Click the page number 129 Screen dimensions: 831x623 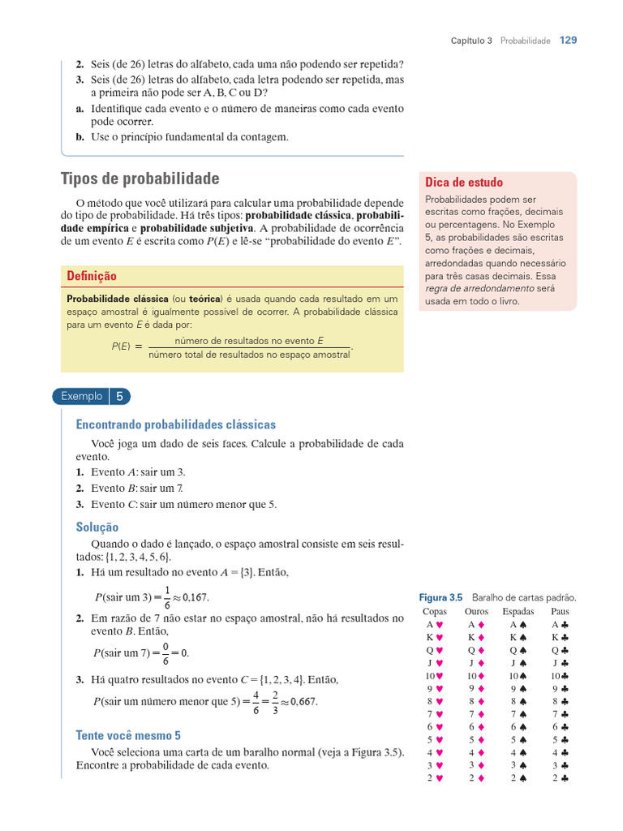coord(568,40)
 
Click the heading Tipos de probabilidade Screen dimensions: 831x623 coord(140,179)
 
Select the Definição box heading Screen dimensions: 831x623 coord(92,277)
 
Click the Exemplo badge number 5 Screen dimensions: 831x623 coord(119,397)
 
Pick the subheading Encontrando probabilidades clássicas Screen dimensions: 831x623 coord(175,424)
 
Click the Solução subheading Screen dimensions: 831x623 coord(97,527)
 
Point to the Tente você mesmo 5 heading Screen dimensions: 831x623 coord(128,735)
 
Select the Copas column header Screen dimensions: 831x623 coord(435,611)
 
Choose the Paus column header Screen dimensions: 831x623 coord(560,611)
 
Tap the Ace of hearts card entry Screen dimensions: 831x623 coord(435,625)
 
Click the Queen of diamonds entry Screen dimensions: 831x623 coord(476,650)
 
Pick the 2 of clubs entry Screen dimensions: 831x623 coord(560,777)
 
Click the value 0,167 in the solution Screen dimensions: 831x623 coord(195,597)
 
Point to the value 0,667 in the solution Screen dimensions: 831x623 coord(303,702)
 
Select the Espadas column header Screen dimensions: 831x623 coord(518,611)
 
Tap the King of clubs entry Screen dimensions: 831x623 coord(560,638)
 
